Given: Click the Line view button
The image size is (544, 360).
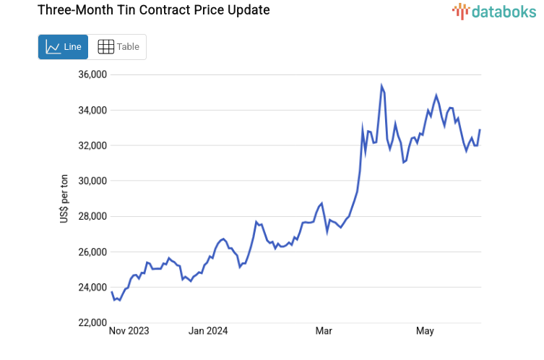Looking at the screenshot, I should tap(63, 47).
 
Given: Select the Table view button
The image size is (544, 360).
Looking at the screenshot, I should tap(118, 47).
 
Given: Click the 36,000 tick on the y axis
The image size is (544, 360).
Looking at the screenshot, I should tap(92, 75).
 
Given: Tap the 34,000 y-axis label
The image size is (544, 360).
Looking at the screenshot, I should tap(92, 111).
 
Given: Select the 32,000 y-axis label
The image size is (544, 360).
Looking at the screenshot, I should tap(92, 146).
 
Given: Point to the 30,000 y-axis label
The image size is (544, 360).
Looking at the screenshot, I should tap(92, 181).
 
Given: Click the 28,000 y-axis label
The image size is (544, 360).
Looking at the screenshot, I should tap(92, 217).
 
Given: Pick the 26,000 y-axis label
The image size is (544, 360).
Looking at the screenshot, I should tap(92, 252).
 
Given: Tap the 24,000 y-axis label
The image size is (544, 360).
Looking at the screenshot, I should tap(92, 288).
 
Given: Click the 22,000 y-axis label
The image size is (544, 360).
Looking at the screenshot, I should tap(92, 323).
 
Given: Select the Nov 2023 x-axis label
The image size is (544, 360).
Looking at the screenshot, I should tap(129, 332).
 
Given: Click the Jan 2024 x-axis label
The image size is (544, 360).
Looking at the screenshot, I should tap(208, 332).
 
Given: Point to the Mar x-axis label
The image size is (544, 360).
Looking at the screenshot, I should tap(324, 332).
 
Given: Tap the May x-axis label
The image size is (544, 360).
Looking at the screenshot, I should tap(425, 332).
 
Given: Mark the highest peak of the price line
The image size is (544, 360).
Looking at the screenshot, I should tap(381, 86).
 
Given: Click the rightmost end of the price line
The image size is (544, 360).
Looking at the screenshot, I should tap(480, 129).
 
